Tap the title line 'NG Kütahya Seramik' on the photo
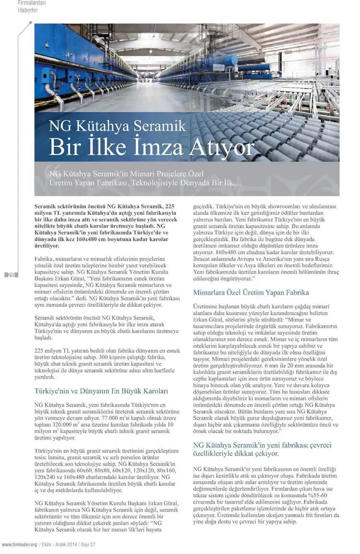117,126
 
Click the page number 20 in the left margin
11,275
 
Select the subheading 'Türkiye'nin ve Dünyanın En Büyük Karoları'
101,391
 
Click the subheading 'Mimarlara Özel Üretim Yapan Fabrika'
251,292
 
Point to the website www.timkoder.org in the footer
20,545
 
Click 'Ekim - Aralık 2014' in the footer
60,545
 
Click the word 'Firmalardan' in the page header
32,3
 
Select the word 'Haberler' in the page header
28,10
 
